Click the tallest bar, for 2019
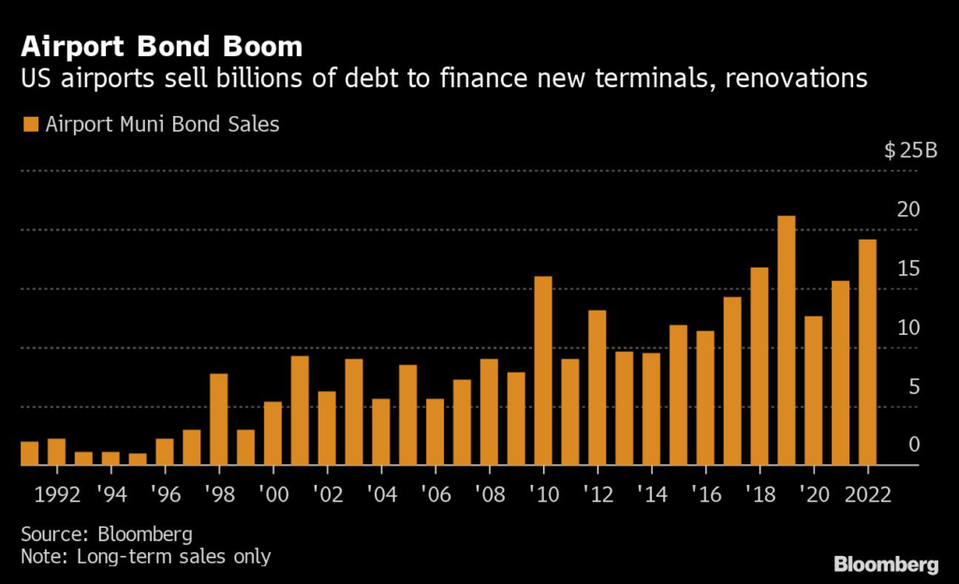click(x=787, y=341)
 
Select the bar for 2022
click(x=867, y=353)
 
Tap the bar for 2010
click(x=543, y=371)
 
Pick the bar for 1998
click(x=218, y=419)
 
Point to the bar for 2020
click(x=814, y=390)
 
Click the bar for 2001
click(x=300, y=411)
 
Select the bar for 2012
click(x=597, y=387)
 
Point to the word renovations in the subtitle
click(x=786, y=79)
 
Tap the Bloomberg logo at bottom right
click(x=886, y=564)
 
